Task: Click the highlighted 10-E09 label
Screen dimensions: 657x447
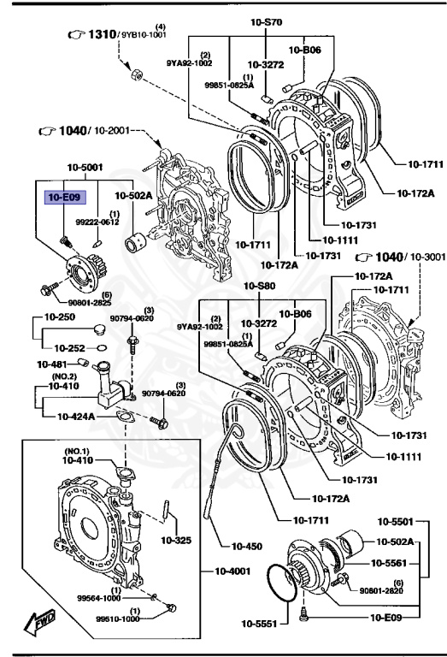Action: tap(64, 197)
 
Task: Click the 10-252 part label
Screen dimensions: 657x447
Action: tap(70, 348)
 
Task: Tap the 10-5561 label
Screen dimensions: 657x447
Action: tap(391, 563)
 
